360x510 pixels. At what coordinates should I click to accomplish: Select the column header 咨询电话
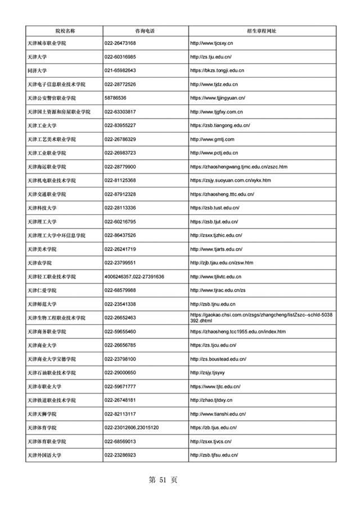click(146, 30)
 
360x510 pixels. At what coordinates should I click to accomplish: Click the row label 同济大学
click(37, 70)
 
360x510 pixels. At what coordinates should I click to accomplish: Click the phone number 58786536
click(115, 98)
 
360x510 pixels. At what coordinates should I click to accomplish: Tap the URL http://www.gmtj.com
click(212, 139)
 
